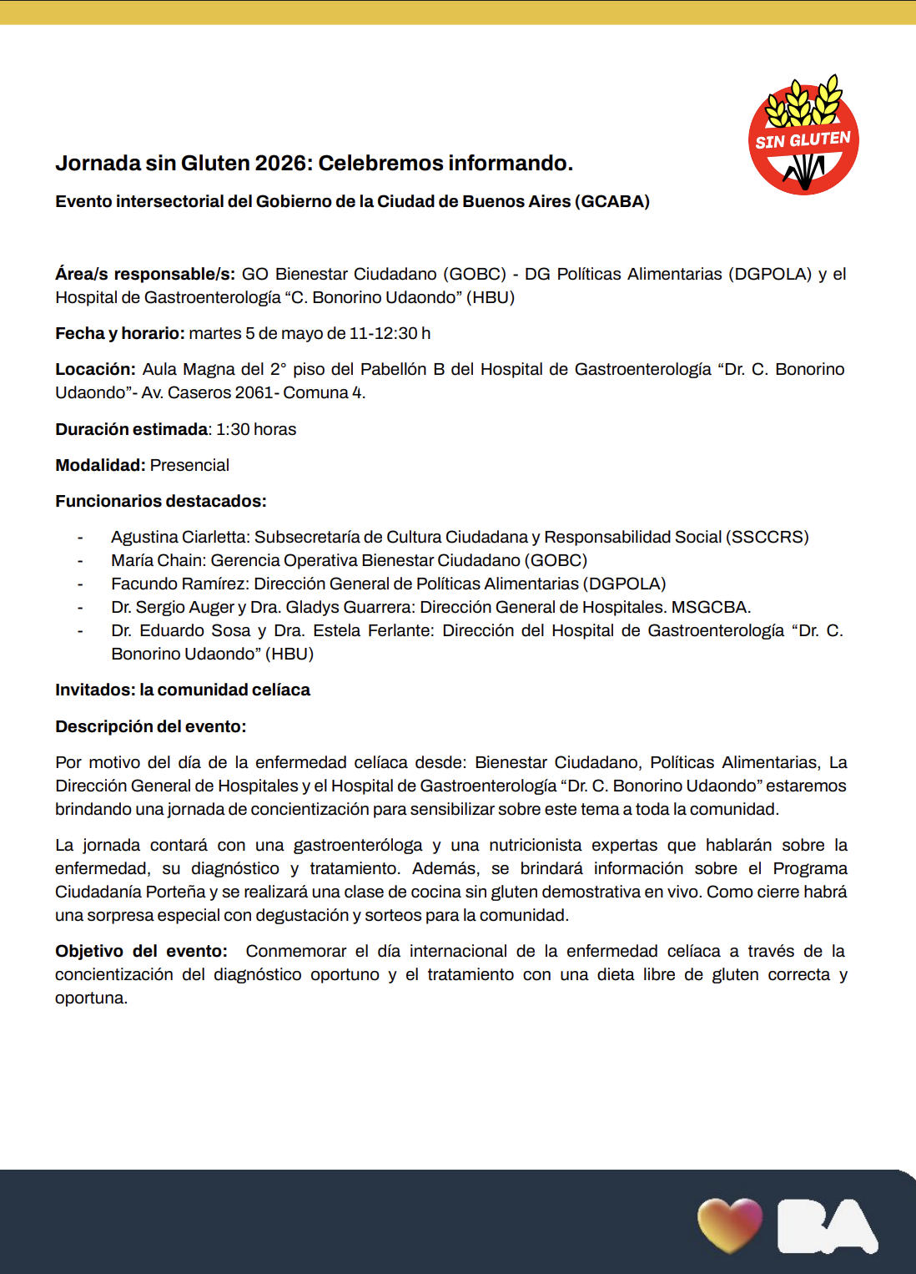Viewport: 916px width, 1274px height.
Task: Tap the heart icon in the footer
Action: (730, 1225)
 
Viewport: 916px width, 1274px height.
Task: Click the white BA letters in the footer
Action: (827, 1226)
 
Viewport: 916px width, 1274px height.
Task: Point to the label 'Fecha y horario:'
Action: (119, 333)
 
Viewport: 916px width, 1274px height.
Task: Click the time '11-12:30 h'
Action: (390, 333)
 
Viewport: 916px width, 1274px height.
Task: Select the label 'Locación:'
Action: (95, 369)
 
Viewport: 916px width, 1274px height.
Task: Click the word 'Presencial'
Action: (189, 465)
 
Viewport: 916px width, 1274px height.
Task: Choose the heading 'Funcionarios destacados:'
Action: (161, 501)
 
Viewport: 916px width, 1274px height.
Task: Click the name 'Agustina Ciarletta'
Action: (179, 537)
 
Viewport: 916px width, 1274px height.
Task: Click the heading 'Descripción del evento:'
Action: (151, 726)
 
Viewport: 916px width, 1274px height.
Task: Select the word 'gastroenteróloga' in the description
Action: (358, 845)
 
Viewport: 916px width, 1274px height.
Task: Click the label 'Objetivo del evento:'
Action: (141, 951)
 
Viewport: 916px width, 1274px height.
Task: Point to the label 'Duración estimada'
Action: (131, 429)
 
